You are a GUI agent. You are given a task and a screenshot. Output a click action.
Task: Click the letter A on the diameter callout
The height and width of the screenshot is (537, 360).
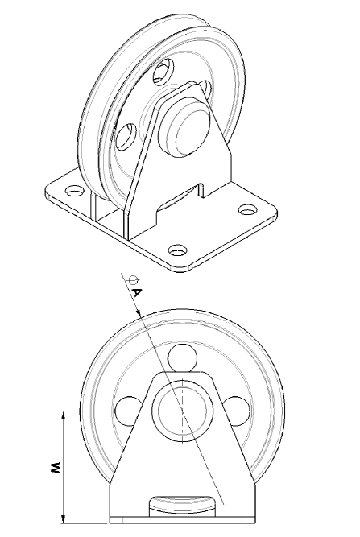137,292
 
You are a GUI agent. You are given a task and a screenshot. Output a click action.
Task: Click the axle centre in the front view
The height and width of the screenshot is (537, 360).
183,411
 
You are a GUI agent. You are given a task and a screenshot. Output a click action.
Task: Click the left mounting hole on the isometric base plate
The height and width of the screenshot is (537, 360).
75,192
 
